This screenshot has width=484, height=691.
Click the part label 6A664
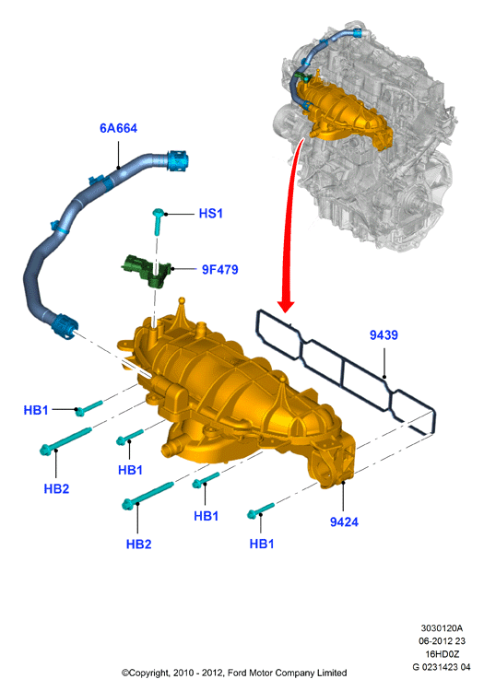118,128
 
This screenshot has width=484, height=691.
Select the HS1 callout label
211,214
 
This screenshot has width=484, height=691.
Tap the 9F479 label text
220,269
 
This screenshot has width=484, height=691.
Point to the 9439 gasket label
384,335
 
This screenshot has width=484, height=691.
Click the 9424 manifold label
344,522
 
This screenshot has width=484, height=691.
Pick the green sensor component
147,270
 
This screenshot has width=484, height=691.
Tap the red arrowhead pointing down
286,306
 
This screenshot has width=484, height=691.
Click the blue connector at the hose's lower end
65,326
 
